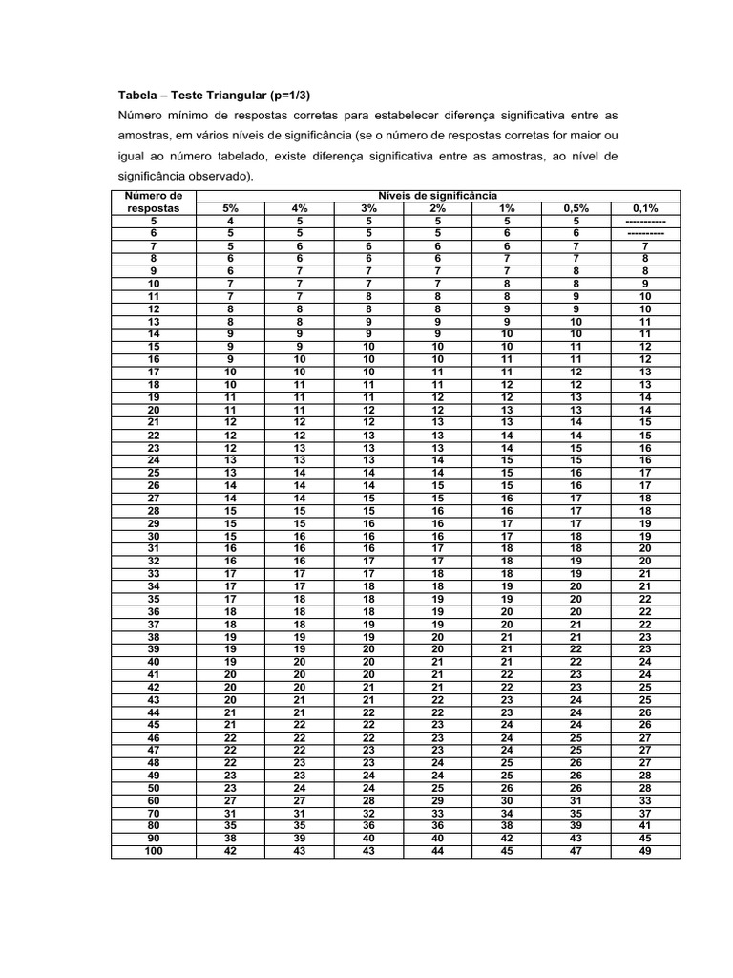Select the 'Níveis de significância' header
(x=437, y=195)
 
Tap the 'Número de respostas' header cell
(x=153, y=201)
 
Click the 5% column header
(x=230, y=207)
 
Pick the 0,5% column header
(x=576, y=207)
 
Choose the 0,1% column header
(x=645, y=207)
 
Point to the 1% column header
(x=507, y=207)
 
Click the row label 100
(x=153, y=851)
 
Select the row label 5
(x=153, y=220)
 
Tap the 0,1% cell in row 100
(x=645, y=851)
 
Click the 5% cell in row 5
(x=230, y=220)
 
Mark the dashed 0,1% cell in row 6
(x=645, y=232)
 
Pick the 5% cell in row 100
(x=230, y=851)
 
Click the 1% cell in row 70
(x=507, y=813)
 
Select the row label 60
(x=153, y=800)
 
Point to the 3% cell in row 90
(x=368, y=839)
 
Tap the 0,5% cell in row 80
(x=576, y=825)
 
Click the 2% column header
(x=437, y=207)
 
